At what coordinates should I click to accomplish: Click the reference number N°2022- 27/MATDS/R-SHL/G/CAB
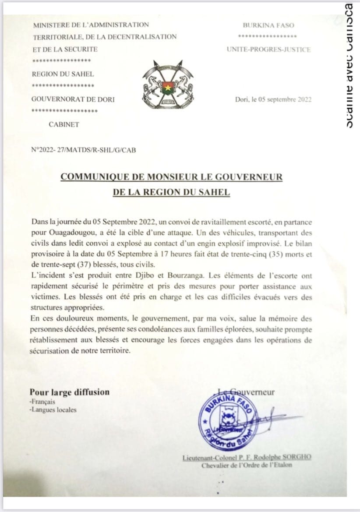[84, 150]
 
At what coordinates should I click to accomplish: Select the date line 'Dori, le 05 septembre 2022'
[273, 99]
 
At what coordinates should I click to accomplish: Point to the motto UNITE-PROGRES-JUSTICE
[268, 49]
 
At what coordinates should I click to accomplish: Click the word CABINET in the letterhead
[64, 124]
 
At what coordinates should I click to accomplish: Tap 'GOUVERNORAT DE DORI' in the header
[73, 99]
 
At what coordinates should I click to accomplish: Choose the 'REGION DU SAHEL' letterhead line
[63, 74]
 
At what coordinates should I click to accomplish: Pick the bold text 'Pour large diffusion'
[69, 392]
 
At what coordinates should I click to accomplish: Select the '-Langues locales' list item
[53, 410]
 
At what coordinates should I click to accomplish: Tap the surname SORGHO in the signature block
[296, 457]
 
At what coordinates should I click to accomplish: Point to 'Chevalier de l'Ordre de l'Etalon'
[246, 465]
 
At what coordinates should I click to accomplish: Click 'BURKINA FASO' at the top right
[268, 25]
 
